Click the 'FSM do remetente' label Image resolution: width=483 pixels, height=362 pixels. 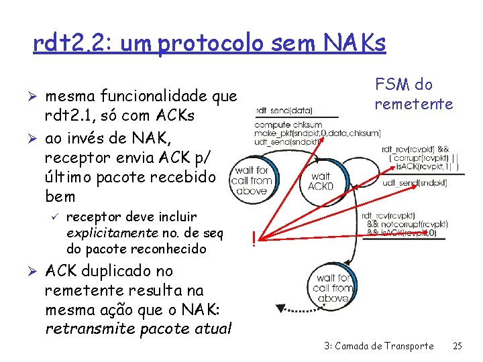pyautogui.click(x=414, y=94)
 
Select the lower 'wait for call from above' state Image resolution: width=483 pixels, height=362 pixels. pyautogui.click(x=331, y=288)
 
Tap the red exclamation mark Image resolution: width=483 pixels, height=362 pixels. pyautogui.click(x=254, y=238)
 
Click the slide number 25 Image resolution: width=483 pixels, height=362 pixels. pyautogui.click(x=458, y=346)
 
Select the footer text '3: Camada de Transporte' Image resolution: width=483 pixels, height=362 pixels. pyautogui.click(x=378, y=346)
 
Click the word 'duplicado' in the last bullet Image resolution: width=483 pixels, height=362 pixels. pyautogui.click(x=122, y=271)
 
